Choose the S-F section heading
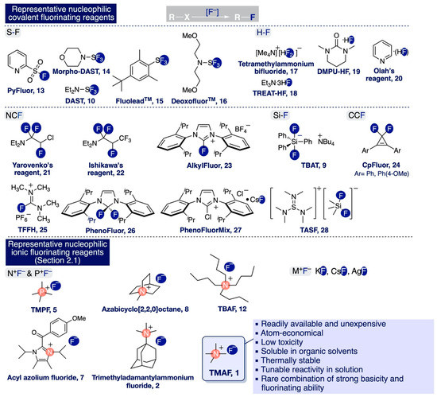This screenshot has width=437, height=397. point(17,38)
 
